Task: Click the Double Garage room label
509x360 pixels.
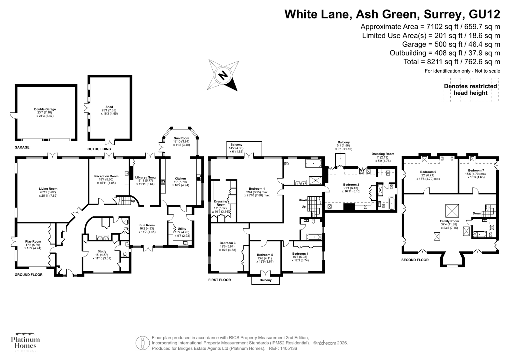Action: click(45, 109)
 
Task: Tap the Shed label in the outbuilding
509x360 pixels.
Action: click(109, 107)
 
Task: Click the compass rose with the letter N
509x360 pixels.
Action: click(223, 75)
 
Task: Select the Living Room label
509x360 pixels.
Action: click(48, 189)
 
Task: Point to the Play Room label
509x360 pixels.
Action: click(33, 241)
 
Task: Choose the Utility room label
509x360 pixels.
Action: click(182, 229)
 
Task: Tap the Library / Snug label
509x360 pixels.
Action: click(145, 177)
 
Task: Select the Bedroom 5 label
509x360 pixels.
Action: click(265, 255)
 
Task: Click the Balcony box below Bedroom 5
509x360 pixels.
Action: click(265, 280)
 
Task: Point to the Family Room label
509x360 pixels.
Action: click(449, 221)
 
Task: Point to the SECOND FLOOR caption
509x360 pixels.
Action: click(415, 260)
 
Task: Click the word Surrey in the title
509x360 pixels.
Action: click(443, 14)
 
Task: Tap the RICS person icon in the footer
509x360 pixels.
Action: click(143, 343)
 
